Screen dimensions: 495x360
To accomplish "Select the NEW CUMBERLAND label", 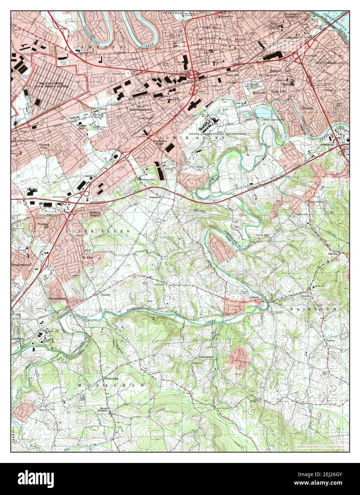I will [x=330, y=63].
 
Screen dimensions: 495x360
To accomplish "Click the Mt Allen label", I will [x=88, y=257].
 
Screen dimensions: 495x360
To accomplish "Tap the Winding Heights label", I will [x=95, y=214].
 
